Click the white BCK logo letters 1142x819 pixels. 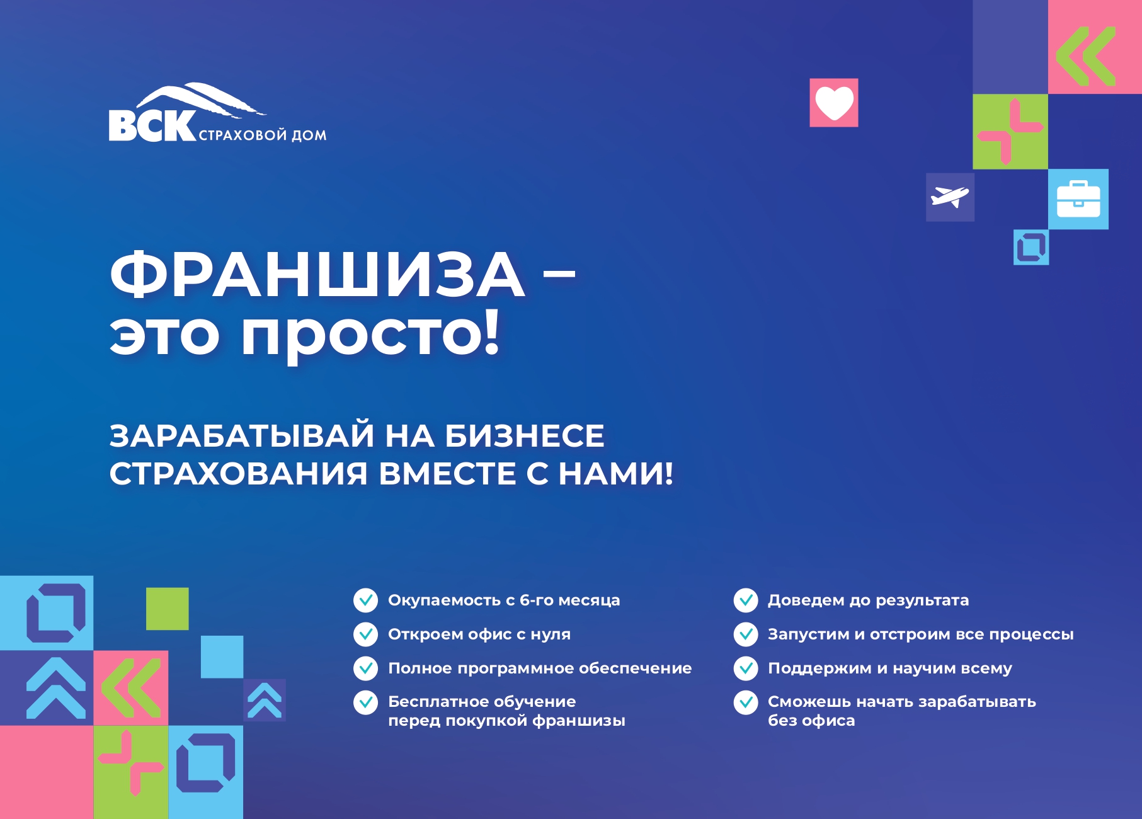click(x=152, y=125)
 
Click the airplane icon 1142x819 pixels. click(x=950, y=197)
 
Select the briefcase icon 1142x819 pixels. click(x=1078, y=199)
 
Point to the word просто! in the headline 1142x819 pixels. click(x=370, y=335)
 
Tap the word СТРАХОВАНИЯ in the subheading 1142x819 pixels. click(x=238, y=474)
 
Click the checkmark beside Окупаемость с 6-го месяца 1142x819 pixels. click(x=365, y=600)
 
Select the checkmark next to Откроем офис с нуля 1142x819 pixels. click(x=365, y=634)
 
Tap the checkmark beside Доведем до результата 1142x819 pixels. click(x=746, y=600)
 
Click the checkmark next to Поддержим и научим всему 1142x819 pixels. click(x=746, y=668)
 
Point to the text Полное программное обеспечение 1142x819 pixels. click(x=540, y=668)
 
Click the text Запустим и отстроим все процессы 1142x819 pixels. click(x=920, y=634)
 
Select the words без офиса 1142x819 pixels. click(x=811, y=720)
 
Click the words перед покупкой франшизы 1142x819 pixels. click(x=506, y=721)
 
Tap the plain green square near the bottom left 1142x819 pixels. click(x=168, y=609)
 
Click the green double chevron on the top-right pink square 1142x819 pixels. click(x=1086, y=56)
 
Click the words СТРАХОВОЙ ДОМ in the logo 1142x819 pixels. click(x=263, y=135)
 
